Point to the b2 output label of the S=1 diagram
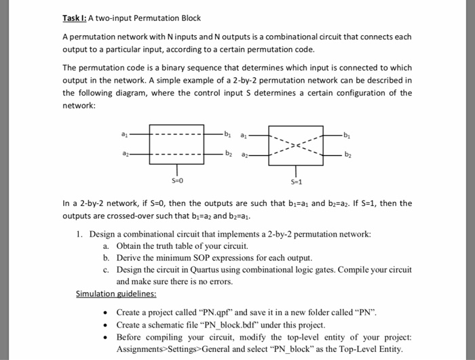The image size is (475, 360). pos(349,155)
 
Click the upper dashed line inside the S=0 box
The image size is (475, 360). pos(176,134)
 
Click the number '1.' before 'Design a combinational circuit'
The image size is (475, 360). pos(80,234)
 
